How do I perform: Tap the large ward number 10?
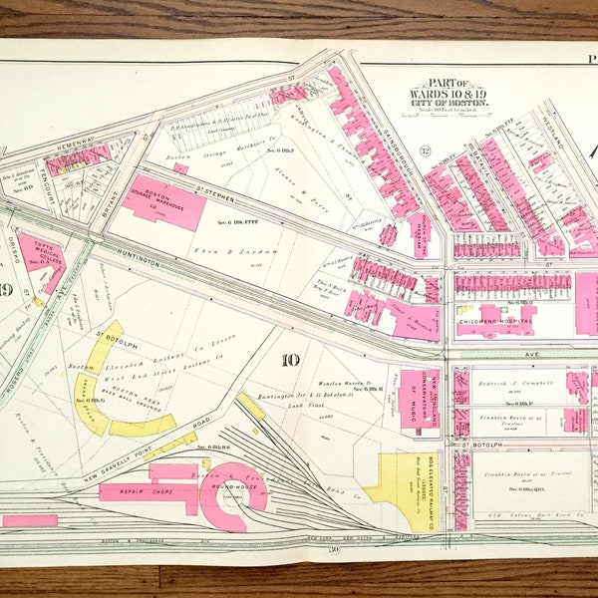point(290,360)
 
